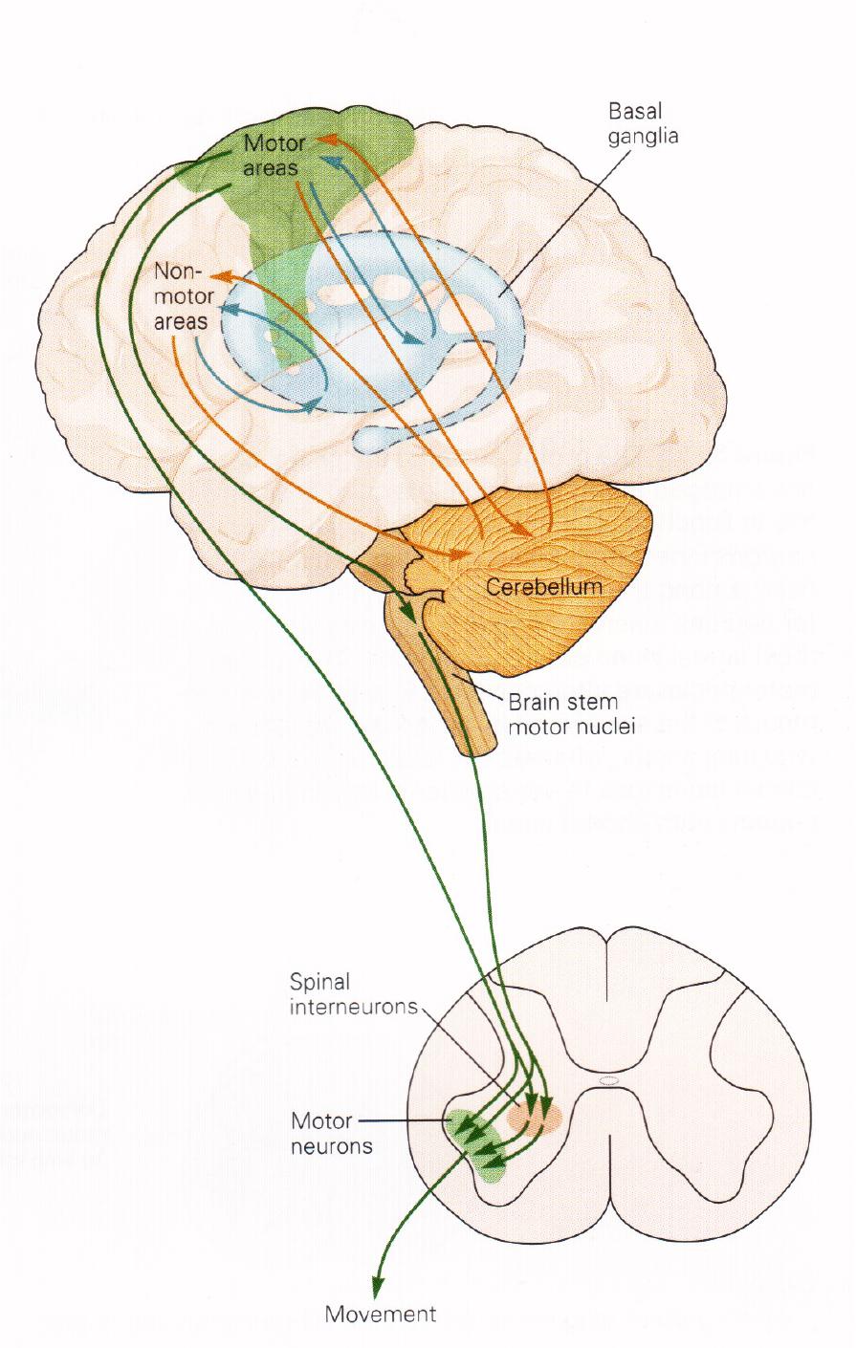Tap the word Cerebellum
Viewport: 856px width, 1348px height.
544,586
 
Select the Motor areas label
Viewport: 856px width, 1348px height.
274,156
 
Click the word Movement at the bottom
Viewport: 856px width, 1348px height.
380,1314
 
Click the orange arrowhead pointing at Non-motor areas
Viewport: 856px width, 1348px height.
219,275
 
